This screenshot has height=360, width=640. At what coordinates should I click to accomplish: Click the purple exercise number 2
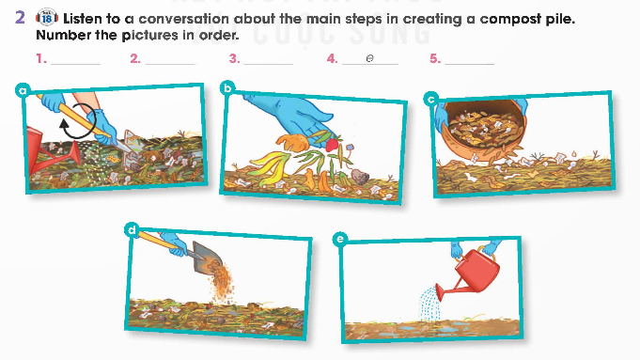(20, 18)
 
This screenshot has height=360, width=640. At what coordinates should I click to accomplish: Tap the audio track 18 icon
(47, 18)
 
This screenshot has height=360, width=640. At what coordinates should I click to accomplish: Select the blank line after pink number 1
(75, 64)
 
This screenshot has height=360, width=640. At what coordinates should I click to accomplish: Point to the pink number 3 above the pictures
(234, 59)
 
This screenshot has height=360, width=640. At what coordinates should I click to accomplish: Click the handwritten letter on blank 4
(369, 59)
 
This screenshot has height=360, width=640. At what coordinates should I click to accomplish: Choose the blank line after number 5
(469, 64)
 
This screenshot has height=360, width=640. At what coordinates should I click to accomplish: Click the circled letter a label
(23, 90)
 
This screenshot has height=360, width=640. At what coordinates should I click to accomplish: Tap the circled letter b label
(227, 87)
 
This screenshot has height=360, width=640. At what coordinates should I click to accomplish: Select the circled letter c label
(431, 99)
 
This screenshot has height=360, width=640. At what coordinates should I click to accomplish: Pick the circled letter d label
(132, 229)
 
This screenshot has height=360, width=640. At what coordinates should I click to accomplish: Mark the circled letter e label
(340, 239)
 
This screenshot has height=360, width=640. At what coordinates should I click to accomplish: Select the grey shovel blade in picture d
(207, 258)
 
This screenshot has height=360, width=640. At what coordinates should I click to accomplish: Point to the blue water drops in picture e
(430, 305)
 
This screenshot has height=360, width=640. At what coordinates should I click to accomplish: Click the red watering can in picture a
(49, 152)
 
